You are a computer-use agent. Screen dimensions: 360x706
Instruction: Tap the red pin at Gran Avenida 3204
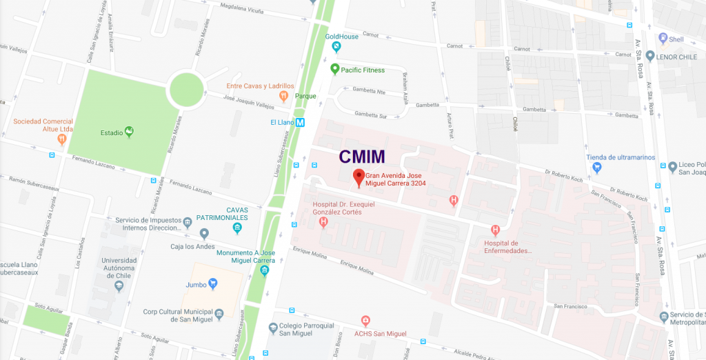[x=359, y=177]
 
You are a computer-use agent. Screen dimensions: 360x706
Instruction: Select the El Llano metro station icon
[x=300, y=123]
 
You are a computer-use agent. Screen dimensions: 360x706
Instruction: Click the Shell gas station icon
[x=663, y=38]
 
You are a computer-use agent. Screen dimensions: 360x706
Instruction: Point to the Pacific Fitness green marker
[x=334, y=69]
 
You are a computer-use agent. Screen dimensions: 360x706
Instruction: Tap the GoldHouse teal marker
[x=336, y=47]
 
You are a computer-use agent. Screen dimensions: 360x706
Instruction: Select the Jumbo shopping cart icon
[x=213, y=283]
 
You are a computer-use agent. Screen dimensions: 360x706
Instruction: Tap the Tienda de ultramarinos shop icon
[x=597, y=166]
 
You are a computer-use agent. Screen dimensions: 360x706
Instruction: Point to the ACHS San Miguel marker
[x=365, y=321]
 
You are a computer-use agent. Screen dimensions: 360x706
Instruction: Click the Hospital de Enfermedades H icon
[x=495, y=230]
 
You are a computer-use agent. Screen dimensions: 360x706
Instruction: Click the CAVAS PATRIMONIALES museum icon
[x=237, y=228]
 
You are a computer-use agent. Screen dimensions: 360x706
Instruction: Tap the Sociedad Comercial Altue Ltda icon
[x=62, y=139]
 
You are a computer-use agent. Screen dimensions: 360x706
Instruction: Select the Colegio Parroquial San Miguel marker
[x=272, y=326]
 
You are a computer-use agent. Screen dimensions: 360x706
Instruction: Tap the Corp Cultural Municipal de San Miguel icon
[x=219, y=314]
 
